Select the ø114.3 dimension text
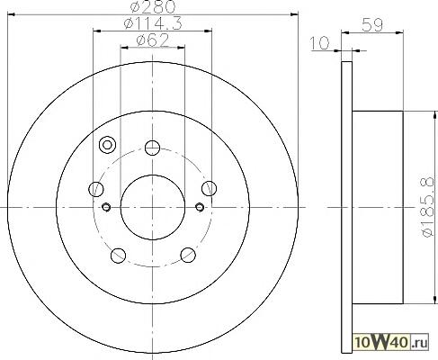(153, 23)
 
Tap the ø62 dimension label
(153, 40)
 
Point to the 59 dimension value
(372, 25)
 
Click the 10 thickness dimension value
(319, 43)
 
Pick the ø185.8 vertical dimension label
(427, 207)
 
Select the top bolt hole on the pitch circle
(152, 148)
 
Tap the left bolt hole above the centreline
(96, 189)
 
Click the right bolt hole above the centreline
(209, 188)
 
